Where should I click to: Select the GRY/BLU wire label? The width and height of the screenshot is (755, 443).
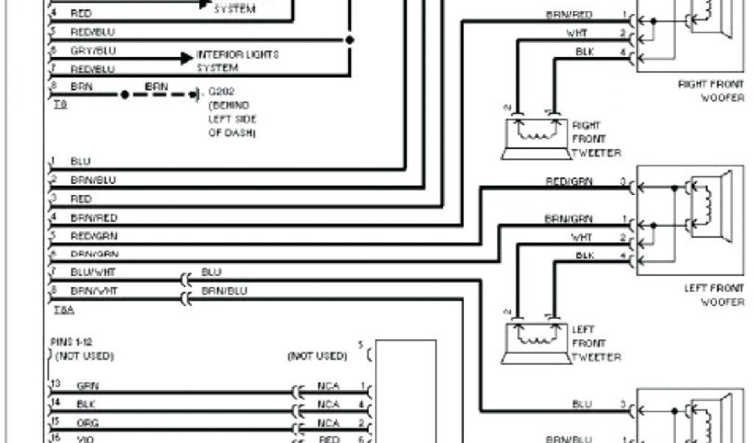[93, 51]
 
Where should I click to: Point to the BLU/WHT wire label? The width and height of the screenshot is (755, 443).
[93, 272]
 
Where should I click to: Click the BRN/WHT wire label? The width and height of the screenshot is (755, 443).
[93, 291]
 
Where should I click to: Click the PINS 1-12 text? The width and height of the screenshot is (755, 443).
[71, 343]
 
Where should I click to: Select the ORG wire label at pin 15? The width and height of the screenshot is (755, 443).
[87, 423]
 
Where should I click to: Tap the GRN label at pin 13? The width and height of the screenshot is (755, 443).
[87, 385]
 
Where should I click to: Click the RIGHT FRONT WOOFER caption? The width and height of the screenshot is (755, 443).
[711, 92]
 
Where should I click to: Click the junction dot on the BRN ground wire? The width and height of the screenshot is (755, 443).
[125, 95]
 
